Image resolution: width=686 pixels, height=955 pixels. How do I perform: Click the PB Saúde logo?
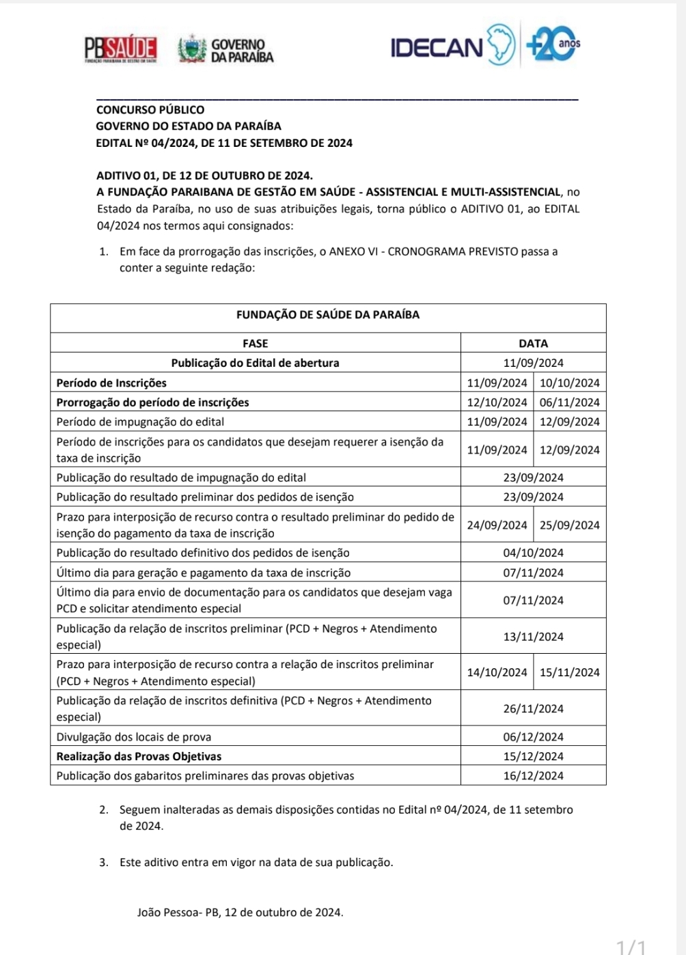click(x=121, y=49)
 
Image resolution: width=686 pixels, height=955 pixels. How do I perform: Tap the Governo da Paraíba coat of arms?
click(x=192, y=49)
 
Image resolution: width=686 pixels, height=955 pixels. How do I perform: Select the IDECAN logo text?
click(x=437, y=48)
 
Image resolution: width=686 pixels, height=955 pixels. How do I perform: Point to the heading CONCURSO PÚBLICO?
click(x=150, y=109)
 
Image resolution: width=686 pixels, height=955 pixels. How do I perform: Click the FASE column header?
click(x=256, y=343)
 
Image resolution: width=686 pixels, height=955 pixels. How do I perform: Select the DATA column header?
click(x=533, y=343)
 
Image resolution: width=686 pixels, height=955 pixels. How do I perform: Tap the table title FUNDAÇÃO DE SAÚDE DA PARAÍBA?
click(x=328, y=315)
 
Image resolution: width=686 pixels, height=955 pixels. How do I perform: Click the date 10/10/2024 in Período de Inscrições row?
click(x=569, y=383)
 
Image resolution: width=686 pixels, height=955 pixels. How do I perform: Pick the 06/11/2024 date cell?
click(x=569, y=402)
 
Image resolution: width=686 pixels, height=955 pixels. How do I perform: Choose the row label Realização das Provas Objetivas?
click(x=139, y=756)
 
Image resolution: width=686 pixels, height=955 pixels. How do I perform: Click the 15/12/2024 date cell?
click(x=533, y=756)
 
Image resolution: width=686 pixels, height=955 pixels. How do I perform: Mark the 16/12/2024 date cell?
click(x=533, y=776)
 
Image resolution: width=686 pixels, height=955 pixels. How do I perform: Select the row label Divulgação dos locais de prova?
click(x=134, y=737)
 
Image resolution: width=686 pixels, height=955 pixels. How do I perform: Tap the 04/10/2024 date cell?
click(x=533, y=553)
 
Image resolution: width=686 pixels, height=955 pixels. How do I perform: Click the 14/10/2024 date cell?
click(x=497, y=672)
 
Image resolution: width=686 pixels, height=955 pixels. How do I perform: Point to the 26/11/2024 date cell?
click(x=533, y=708)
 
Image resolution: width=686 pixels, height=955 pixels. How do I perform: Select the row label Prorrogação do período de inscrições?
click(x=152, y=402)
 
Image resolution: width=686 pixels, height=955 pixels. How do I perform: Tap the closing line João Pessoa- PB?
click(x=240, y=912)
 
